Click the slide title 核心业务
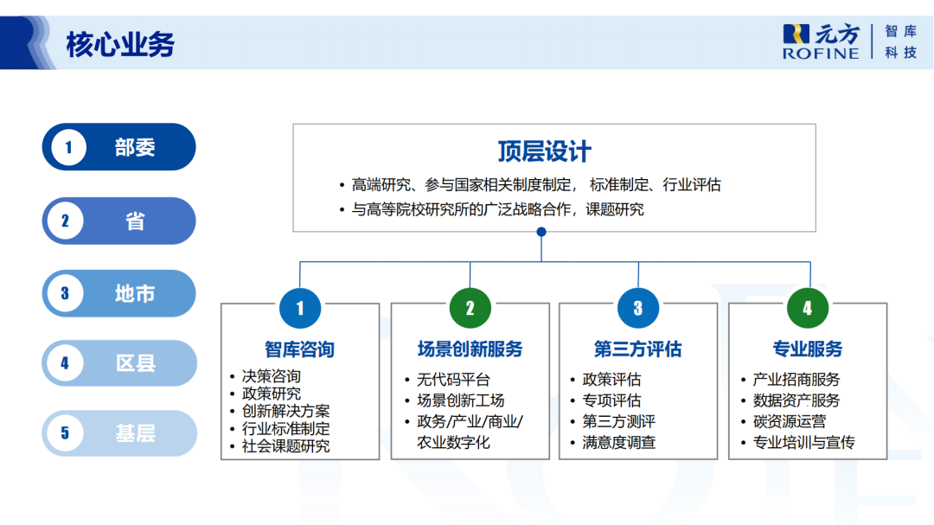[120, 43]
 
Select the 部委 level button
[119, 147]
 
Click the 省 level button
[119, 221]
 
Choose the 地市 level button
[119, 293]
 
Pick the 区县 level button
[119, 363]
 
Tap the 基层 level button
[119, 433]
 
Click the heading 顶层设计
[544, 151]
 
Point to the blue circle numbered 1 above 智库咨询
[300, 309]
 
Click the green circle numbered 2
[470, 309]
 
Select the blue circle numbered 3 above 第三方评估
[638, 309]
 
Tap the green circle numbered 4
[808, 309]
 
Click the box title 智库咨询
[299, 349]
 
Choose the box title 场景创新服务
[470, 349]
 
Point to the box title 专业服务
[807, 349]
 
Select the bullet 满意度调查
[618, 443]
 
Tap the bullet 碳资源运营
[789, 422]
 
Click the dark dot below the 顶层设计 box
[541, 232]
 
